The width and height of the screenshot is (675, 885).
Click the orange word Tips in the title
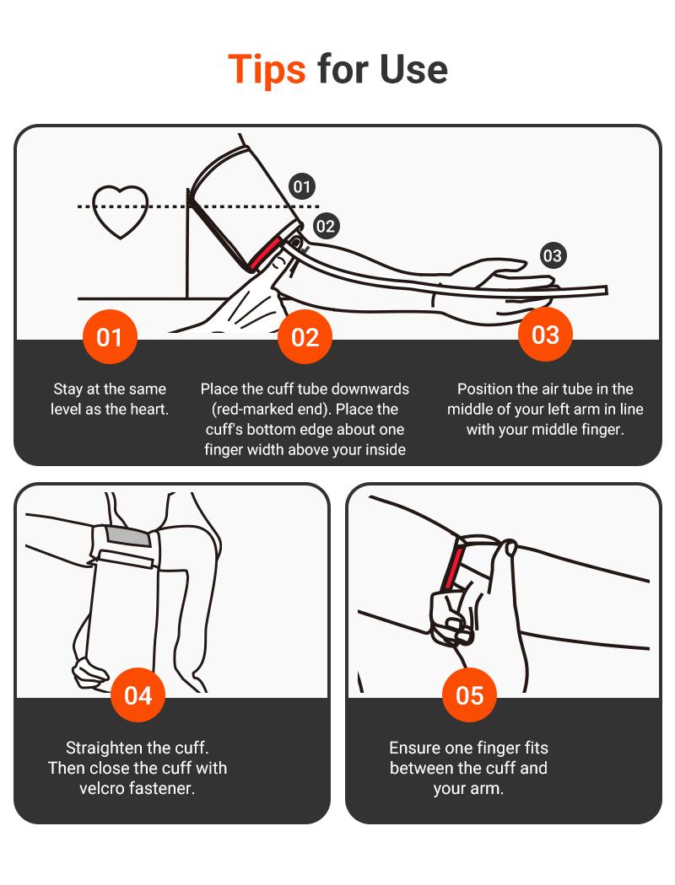click(267, 69)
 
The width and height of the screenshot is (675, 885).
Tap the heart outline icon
click(121, 212)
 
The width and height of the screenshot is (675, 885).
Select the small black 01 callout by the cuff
click(301, 186)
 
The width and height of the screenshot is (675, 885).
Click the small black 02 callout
click(325, 227)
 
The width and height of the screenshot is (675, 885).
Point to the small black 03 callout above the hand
click(553, 255)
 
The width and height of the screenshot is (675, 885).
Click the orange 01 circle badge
click(110, 337)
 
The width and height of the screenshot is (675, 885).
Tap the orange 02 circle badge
click(305, 337)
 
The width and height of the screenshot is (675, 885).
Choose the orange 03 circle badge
click(545, 334)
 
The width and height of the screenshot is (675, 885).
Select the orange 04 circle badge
click(138, 695)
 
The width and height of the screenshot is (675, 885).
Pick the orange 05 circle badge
click(469, 695)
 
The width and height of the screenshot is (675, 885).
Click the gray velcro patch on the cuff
click(128, 536)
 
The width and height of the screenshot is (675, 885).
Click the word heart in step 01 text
click(151, 409)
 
